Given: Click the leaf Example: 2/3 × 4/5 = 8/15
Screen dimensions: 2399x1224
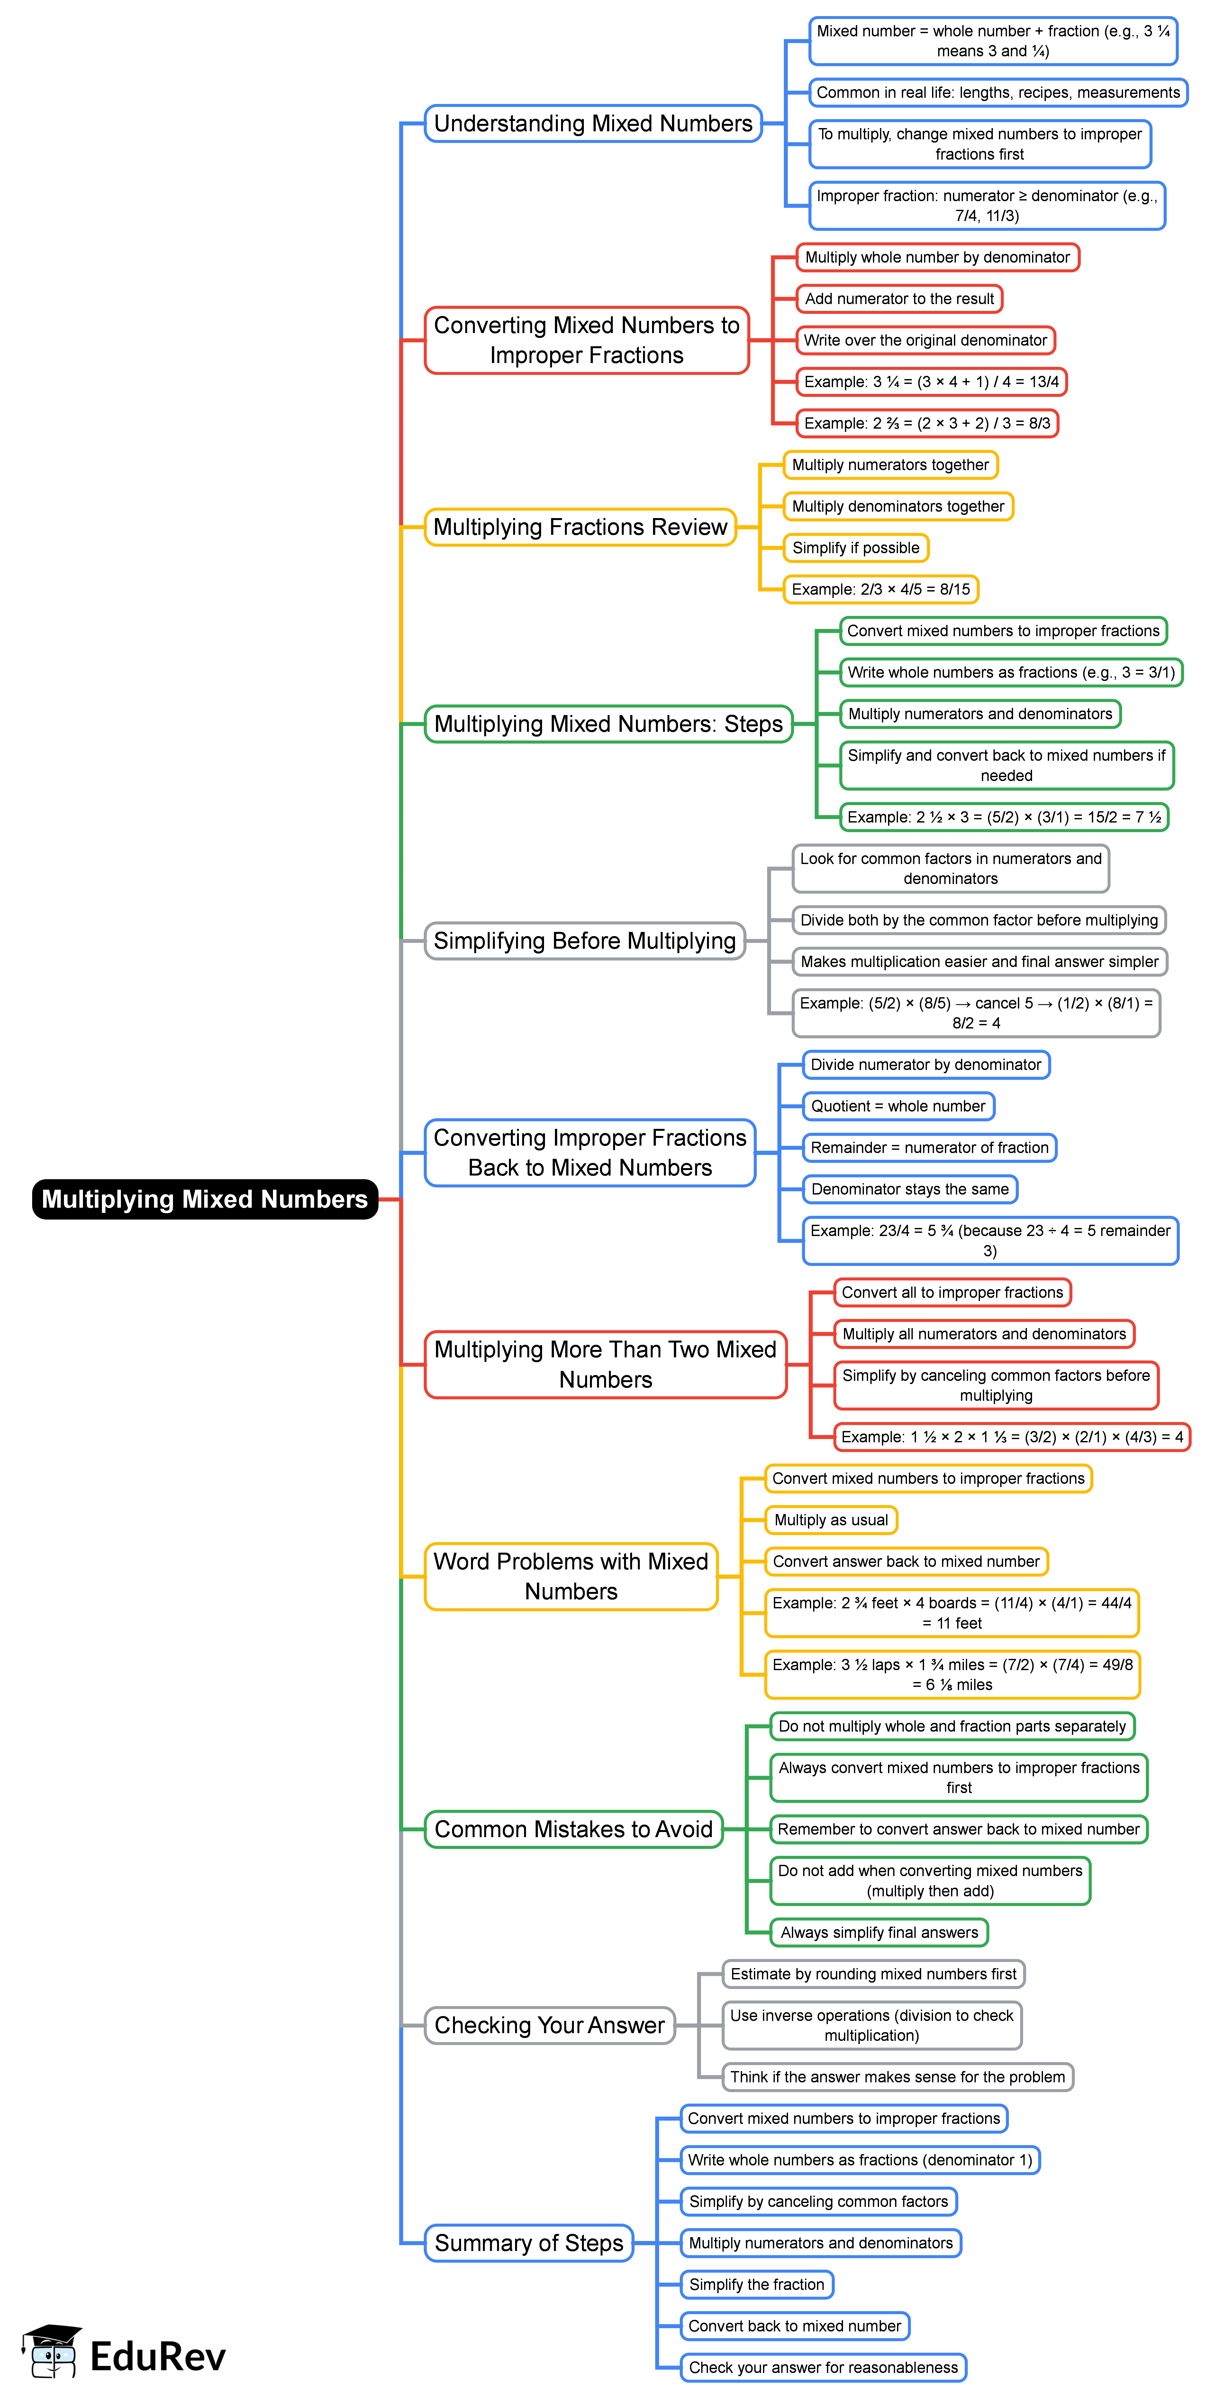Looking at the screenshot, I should [x=881, y=590].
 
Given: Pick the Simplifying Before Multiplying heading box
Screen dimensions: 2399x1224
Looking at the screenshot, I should [x=585, y=941].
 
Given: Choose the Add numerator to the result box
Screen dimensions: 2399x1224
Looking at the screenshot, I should [x=899, y=299].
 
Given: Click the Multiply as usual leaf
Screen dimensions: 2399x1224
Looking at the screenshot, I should [x=830, y=1520].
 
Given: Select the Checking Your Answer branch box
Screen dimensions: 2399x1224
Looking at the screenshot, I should [x=549, y=2025].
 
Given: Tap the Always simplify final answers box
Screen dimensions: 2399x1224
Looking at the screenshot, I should [x=879, y=1932].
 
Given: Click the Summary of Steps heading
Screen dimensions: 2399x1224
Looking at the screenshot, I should [x=529, y=2244].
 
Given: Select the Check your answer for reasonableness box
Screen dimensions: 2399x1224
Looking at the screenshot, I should [x=823, y=2367].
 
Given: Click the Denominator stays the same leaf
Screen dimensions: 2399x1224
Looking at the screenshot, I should [x=909, y=1189].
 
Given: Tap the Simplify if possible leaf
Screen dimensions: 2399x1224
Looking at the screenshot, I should [x=856, y=548].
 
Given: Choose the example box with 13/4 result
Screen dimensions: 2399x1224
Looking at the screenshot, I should [x=931, y=382].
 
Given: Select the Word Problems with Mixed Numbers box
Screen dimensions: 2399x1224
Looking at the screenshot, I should [x=571, y=1577].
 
